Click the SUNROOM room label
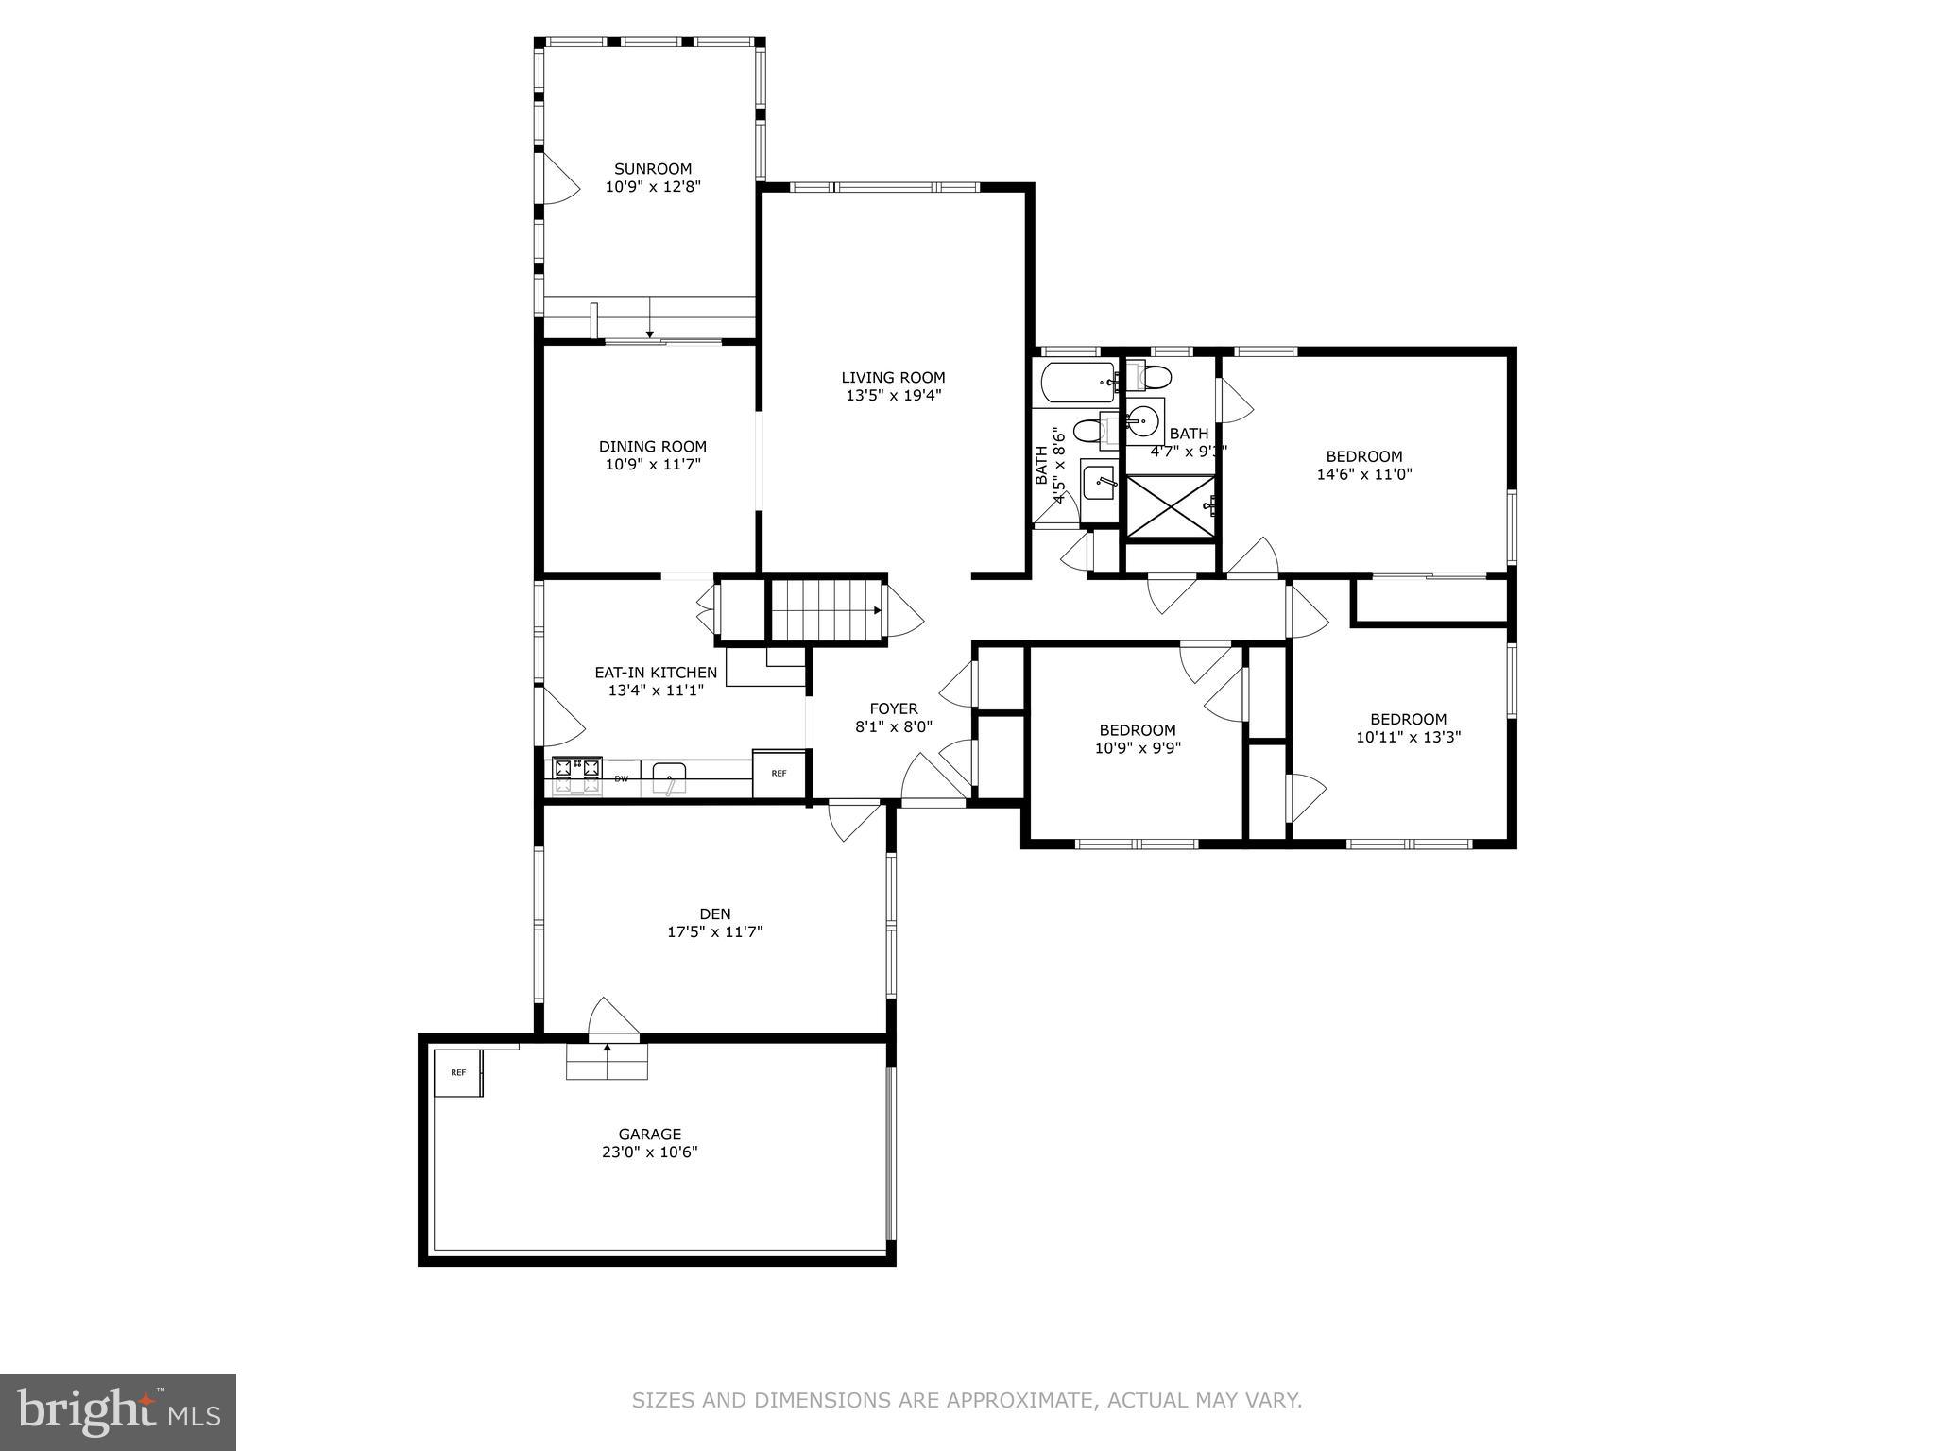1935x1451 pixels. point(653,169)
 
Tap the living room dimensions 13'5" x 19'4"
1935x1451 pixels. point(893,396)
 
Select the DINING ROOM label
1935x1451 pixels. point(652,447)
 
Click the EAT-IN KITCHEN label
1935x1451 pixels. point(655,673)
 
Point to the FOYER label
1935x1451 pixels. point(893,709)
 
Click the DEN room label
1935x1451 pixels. point(714,913)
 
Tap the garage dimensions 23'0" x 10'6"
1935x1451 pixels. point(649,1152)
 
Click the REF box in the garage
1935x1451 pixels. point(458,1073)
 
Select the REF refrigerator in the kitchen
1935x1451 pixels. point(779,774)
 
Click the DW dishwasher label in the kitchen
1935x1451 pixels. point(622,779)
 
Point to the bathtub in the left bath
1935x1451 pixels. point(1078,383)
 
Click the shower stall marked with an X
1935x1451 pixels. point(1170,507)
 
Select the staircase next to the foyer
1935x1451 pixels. point(826,611)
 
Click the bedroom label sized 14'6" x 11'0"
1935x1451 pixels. point(1363,456)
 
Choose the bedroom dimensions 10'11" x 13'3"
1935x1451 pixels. point(1408,738)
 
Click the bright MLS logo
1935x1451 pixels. point(118,1411)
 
